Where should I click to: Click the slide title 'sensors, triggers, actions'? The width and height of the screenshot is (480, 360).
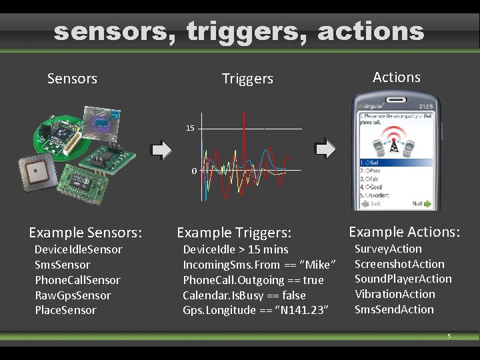point(239,31)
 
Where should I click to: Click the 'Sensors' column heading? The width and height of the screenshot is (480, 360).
point(72,79)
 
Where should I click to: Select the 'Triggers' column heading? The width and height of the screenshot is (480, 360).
point(247,79)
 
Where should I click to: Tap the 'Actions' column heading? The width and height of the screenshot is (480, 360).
point(397,77)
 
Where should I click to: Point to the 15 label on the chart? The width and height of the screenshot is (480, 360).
point(191,128)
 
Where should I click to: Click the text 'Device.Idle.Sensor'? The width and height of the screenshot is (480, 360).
point(79,249)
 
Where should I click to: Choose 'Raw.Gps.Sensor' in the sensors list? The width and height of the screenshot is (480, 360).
point(73,295)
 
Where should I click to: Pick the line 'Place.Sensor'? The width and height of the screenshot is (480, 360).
point(65,310)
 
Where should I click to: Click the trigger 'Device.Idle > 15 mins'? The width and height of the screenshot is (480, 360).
point(235,249)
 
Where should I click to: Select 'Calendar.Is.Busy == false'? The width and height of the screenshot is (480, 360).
point(244,295)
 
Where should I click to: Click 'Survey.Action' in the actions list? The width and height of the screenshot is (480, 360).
point(388,249)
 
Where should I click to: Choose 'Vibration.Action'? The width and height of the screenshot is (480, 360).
point(395,294)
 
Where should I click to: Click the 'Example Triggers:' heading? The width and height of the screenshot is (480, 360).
point(234,233)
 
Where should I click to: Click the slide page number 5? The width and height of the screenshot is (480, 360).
point(449,336)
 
